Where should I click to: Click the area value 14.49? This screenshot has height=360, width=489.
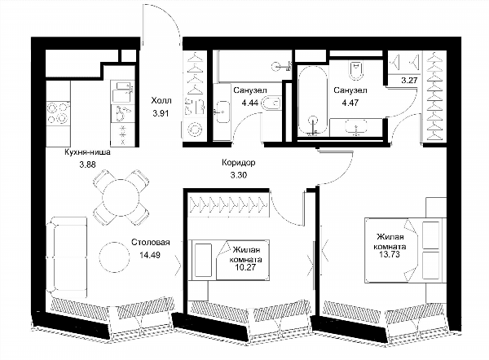[150, 255]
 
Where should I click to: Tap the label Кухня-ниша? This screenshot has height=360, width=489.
[87, 152]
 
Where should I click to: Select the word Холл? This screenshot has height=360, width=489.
[161, 101]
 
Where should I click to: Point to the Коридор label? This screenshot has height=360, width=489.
[239, 162]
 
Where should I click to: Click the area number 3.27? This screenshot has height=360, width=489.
[409, 81]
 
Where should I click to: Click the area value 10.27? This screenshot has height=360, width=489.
[247, 267]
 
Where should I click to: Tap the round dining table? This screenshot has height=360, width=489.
[121, 197]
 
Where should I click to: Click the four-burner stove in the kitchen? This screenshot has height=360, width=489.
[58, 113]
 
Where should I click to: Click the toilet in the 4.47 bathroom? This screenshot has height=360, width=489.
[356, 71]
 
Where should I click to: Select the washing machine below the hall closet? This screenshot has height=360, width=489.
[194, 130]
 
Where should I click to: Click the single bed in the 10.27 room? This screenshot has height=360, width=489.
[228, 260]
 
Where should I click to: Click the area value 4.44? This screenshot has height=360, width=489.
[250, 103]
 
